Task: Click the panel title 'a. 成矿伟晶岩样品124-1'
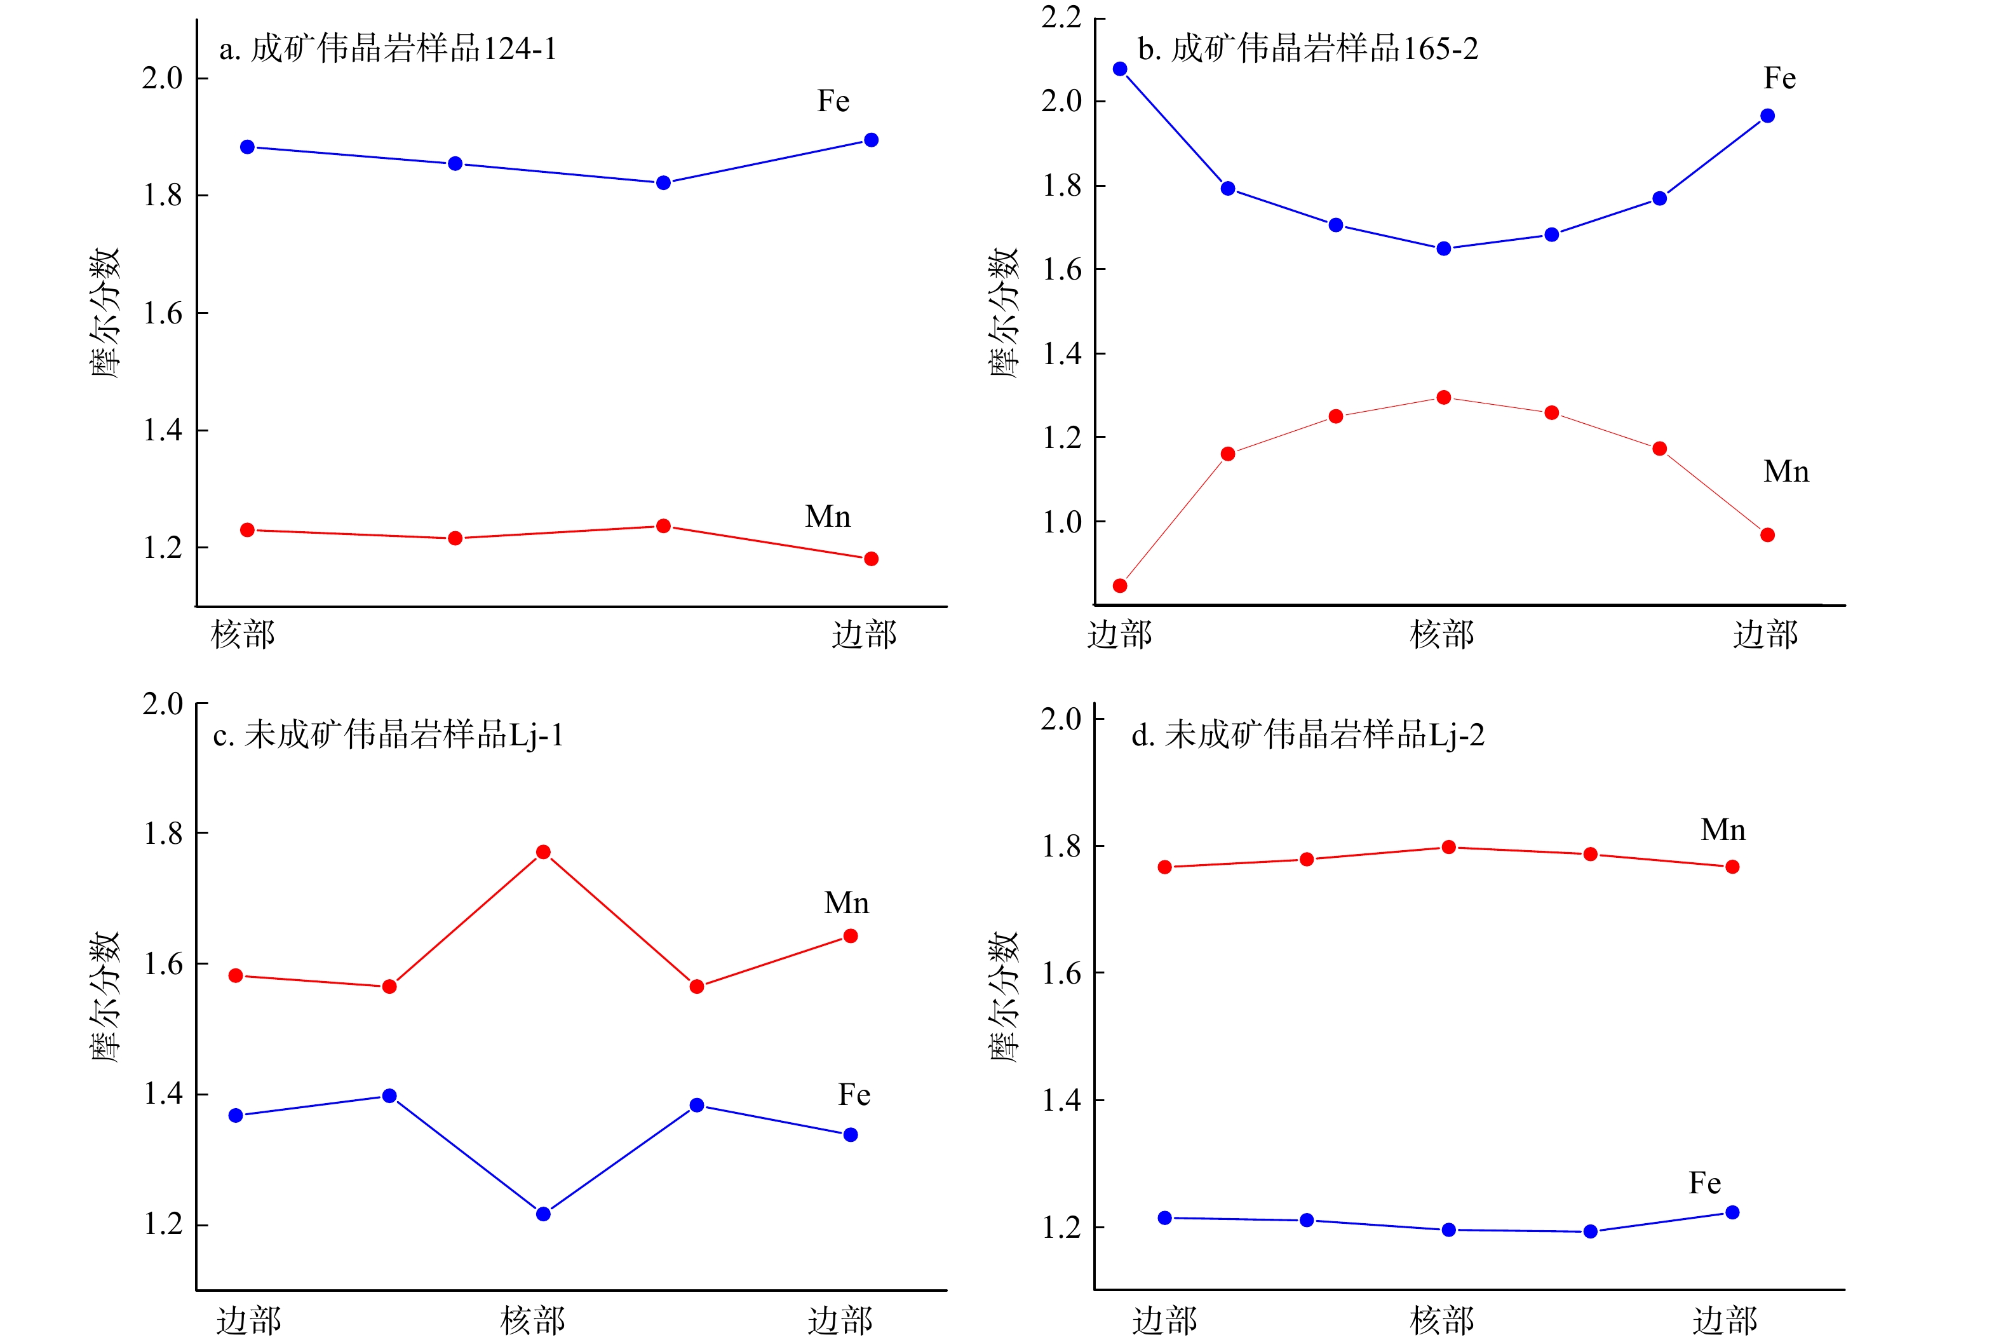(387, 49)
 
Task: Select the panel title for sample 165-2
(1307, 49)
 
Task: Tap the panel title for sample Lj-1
(387, 735)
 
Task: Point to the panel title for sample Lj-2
(1307, 735)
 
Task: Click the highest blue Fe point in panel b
(1120, 69)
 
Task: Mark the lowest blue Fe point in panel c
(543, 1214)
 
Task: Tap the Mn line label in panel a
(827, 517)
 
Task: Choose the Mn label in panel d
(1723, 830)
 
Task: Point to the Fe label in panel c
(854, 1095)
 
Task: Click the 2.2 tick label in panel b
(1061, 17)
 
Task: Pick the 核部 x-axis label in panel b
(1443, 635)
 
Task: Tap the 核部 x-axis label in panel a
(243, 635)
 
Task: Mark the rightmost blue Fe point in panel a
(871, 140)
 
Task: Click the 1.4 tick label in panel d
(1061, 1101)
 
